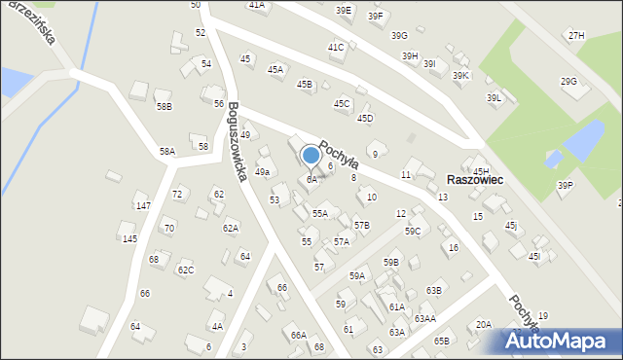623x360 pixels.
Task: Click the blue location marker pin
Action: pyautogui.click(x=311, y=156)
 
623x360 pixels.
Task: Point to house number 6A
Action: pyautogui.click(x=311, y=179)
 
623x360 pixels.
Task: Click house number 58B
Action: pyautogui.click(x=164, y=106)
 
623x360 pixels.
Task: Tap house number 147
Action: pyautogui.click(x=143, y=206)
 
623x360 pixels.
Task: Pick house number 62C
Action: pyautogui.click(x=185, y=270)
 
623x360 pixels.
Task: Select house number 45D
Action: pyautogui.click(x=365, y=118)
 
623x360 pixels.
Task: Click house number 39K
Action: pyautogui.click(x=460, y=75)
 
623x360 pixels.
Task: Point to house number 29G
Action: pyautogui.click(x=568, y=81)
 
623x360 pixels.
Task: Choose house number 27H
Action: pyautogui.click(x=577, y=35)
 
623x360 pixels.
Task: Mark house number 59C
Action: pyautogui.click(x=413, y=231)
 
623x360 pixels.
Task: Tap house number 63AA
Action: pyautogui.click(x=424, y=318)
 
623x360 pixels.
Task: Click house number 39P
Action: pyautogui.click(x=565, y=185)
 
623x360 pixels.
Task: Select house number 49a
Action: pyautogui.click(x=262, y=172)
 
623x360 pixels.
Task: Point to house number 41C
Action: pyautogui.click(x=336, y=47)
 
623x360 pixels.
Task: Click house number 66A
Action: pyautogui.click(x=298, y=335)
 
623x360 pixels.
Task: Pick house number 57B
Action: pyautogui.click(x=361, y=225)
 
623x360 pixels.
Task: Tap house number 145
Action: pyautogui.click(x=129, y=238)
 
